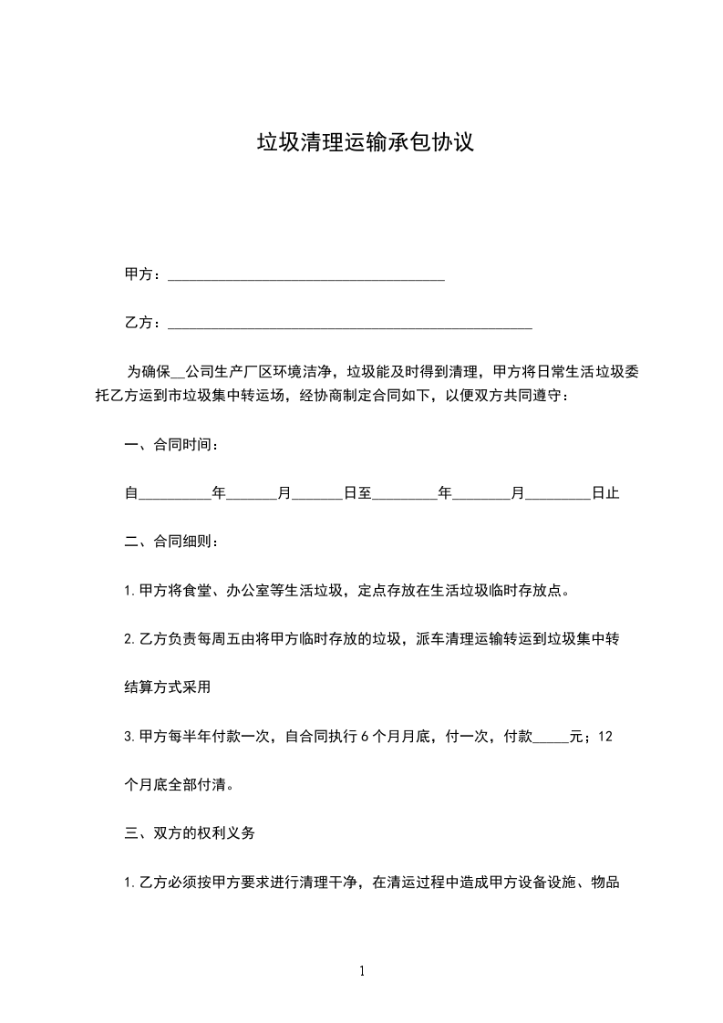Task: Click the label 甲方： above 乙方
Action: pyautogui.click(x=142, y=274)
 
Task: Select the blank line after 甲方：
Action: pyautogui.click(x=306, y=276)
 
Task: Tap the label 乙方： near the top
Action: pyautogui.click(x=142, y=323)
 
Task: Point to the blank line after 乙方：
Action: pyautogui.click(x=350, y=325)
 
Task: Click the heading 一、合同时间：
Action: pyautogui.click(x=171, y=445)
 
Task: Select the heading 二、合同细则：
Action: pyautogui.click(x=171, y=542)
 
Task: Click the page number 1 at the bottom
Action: pyautogui.click(x=362, y=972)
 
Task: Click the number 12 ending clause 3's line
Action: pyautogui.click(x=604, y=737)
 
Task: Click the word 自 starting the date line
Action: pyautogui.click(x=130, y=493)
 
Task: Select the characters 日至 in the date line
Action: pyautogui.click(x=357, y=493)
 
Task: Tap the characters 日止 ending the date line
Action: pyautogui.click(x=605, y=493)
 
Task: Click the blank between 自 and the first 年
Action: pyautogui.click(x=173, y=495)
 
